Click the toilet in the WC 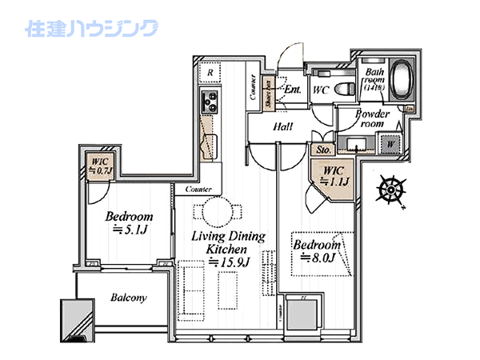click(x=343, y=89)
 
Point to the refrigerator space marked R click(x=210, y=73)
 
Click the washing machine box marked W click(x=392, y=144)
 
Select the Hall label click(x=282, y=126)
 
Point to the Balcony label click(x=128, y=298)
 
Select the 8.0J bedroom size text click(x=317, y=258)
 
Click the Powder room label click(x=373, y=119)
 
